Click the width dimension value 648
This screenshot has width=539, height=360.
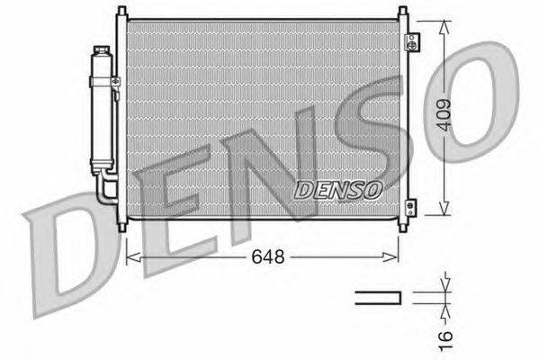pos(268,256)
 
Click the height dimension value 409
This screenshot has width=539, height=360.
pos(445,115)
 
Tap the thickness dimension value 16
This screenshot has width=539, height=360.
pos(445,341)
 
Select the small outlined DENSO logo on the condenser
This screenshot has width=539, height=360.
pos(338,190)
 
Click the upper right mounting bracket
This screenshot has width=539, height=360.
pos(412,42)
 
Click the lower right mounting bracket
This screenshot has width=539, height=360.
pos(411,208)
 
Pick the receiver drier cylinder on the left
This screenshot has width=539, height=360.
pos(102,110)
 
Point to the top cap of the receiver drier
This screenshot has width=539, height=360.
pos(102,50)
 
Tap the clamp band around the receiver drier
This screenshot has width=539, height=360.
pos(103,82)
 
